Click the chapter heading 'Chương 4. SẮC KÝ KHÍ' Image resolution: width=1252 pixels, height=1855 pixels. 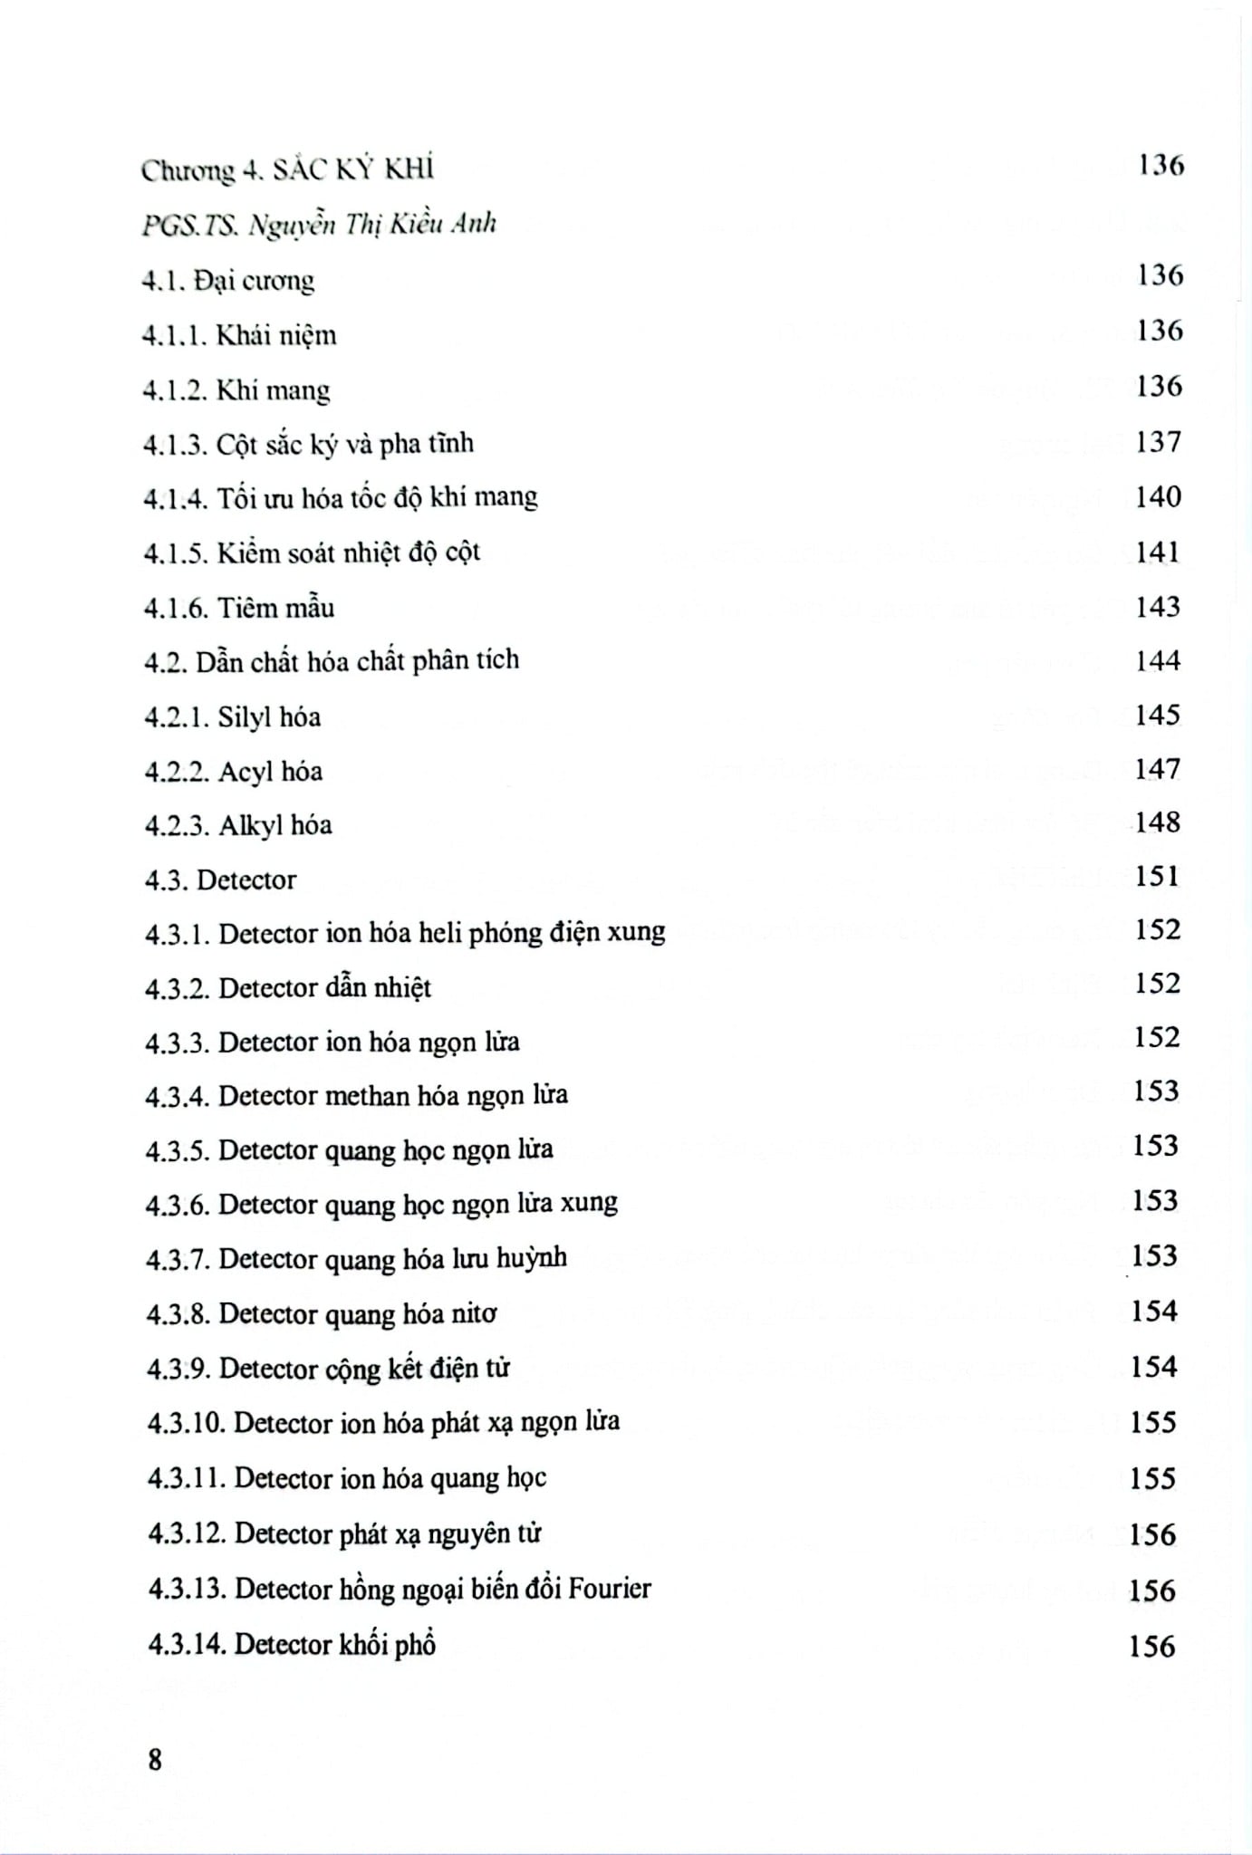click(x=287, y=169)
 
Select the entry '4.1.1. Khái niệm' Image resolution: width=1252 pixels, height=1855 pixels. click(x=240, y=335)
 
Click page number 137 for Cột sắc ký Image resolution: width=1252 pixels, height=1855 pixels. click(x=1160, y=441)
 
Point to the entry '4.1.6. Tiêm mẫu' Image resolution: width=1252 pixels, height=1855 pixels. click(x=239, y=607)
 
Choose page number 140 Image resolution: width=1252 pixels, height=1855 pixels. click(x=1159, y=496)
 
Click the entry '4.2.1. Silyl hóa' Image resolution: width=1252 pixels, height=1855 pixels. click(x=233, y=717)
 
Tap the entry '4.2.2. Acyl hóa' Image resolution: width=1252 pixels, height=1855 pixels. click(x=234, y=772)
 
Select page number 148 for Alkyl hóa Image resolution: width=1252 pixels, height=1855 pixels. click(x=1158, y=822)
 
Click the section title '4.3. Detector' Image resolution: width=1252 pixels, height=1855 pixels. click(x=221, y=879)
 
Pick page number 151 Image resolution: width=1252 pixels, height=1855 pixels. click(x=1157, y=876)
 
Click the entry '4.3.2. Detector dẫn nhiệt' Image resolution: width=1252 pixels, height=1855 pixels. click(x=288, y=987)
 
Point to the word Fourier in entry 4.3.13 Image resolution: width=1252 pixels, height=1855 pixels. click(x=610, y=1588)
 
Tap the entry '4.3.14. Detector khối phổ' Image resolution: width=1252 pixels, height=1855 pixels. click(x=292, y=1644)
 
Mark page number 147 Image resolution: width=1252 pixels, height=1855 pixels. click(x=1158, y=768)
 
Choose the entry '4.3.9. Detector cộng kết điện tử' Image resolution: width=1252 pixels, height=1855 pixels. click(x=328, y=1368)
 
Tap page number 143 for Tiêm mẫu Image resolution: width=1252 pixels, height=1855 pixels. click(x=1158, y=606)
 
